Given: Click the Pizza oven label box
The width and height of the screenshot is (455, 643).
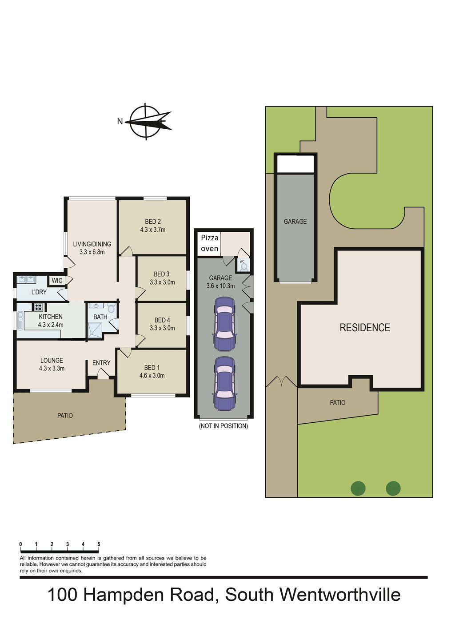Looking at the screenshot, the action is click(209, 243).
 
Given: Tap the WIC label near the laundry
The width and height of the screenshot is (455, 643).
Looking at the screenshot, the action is click(57, 281).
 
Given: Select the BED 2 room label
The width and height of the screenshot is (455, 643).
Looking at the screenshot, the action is click(152, 222).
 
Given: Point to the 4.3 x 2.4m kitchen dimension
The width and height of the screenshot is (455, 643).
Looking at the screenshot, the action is click(51, 325).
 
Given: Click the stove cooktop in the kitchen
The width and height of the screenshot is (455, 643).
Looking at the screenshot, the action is click(39, 307).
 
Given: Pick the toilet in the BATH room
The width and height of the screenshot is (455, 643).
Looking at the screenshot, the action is click(111, 309).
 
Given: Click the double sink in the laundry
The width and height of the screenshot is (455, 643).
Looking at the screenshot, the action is click(26, 279).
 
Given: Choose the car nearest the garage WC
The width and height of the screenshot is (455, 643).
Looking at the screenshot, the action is click(224, 324).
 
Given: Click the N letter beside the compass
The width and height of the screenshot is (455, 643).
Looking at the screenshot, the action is click(120, 122).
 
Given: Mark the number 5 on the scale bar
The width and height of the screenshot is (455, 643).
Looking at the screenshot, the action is click(99, 544).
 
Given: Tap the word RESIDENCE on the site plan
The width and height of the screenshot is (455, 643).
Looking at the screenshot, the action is click(365, 328).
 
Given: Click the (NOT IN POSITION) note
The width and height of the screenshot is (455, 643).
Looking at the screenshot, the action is click(224, 426).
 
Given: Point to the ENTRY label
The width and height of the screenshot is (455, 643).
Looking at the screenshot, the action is click(101, 363).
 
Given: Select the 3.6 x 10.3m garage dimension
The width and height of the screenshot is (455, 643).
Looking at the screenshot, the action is click(220, 286).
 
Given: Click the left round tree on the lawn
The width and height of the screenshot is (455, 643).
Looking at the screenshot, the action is click(358, 488).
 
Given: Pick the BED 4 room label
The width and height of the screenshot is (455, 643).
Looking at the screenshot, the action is click(162, 320).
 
